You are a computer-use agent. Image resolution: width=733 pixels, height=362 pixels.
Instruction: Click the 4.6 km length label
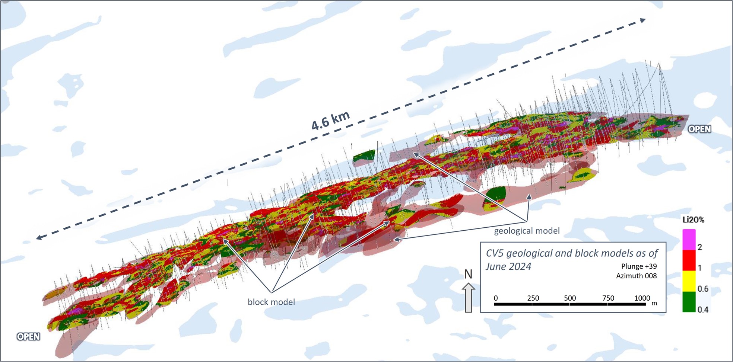click(330, 121)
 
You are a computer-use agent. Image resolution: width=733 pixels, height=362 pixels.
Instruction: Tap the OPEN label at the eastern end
click(699, 129)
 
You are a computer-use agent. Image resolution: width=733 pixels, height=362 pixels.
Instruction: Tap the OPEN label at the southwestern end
click(28, 337)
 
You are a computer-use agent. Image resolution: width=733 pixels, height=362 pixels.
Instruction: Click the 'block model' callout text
click(271, 302)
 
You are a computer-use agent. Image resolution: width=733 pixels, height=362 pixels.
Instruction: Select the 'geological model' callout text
click(527, 231)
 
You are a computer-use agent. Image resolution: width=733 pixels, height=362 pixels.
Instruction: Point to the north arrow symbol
click(468, 297)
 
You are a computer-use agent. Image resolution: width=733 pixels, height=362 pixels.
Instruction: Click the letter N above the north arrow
click(468, 275)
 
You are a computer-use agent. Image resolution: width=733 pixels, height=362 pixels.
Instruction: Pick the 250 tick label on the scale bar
click(533, 298)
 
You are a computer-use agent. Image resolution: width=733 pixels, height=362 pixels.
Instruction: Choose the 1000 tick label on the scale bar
click(642, 298)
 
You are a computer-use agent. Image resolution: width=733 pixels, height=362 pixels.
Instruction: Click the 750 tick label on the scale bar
click(608, 298)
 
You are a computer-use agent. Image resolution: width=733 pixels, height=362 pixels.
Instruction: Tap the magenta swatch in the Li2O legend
click(689, 240)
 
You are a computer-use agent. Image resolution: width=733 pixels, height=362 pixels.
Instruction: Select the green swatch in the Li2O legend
click(689, 302)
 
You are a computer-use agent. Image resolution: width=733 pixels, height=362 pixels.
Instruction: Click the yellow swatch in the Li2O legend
click(689, 281)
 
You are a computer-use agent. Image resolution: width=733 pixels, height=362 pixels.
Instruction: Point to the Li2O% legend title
click(693, 220)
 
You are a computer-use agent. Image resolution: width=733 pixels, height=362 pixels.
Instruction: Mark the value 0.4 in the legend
click(703, 310)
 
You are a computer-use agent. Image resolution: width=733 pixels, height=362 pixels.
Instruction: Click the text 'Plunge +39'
click(639, 266)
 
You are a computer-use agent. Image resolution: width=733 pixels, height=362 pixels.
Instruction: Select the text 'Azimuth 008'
click(636, 276)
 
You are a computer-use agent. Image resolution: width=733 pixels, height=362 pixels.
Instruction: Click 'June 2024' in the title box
click(508, 267)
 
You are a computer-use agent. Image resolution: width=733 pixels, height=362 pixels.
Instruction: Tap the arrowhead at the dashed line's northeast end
click(643, 20)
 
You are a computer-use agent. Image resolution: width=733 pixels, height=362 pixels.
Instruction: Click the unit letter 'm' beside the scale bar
click(654, 303)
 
